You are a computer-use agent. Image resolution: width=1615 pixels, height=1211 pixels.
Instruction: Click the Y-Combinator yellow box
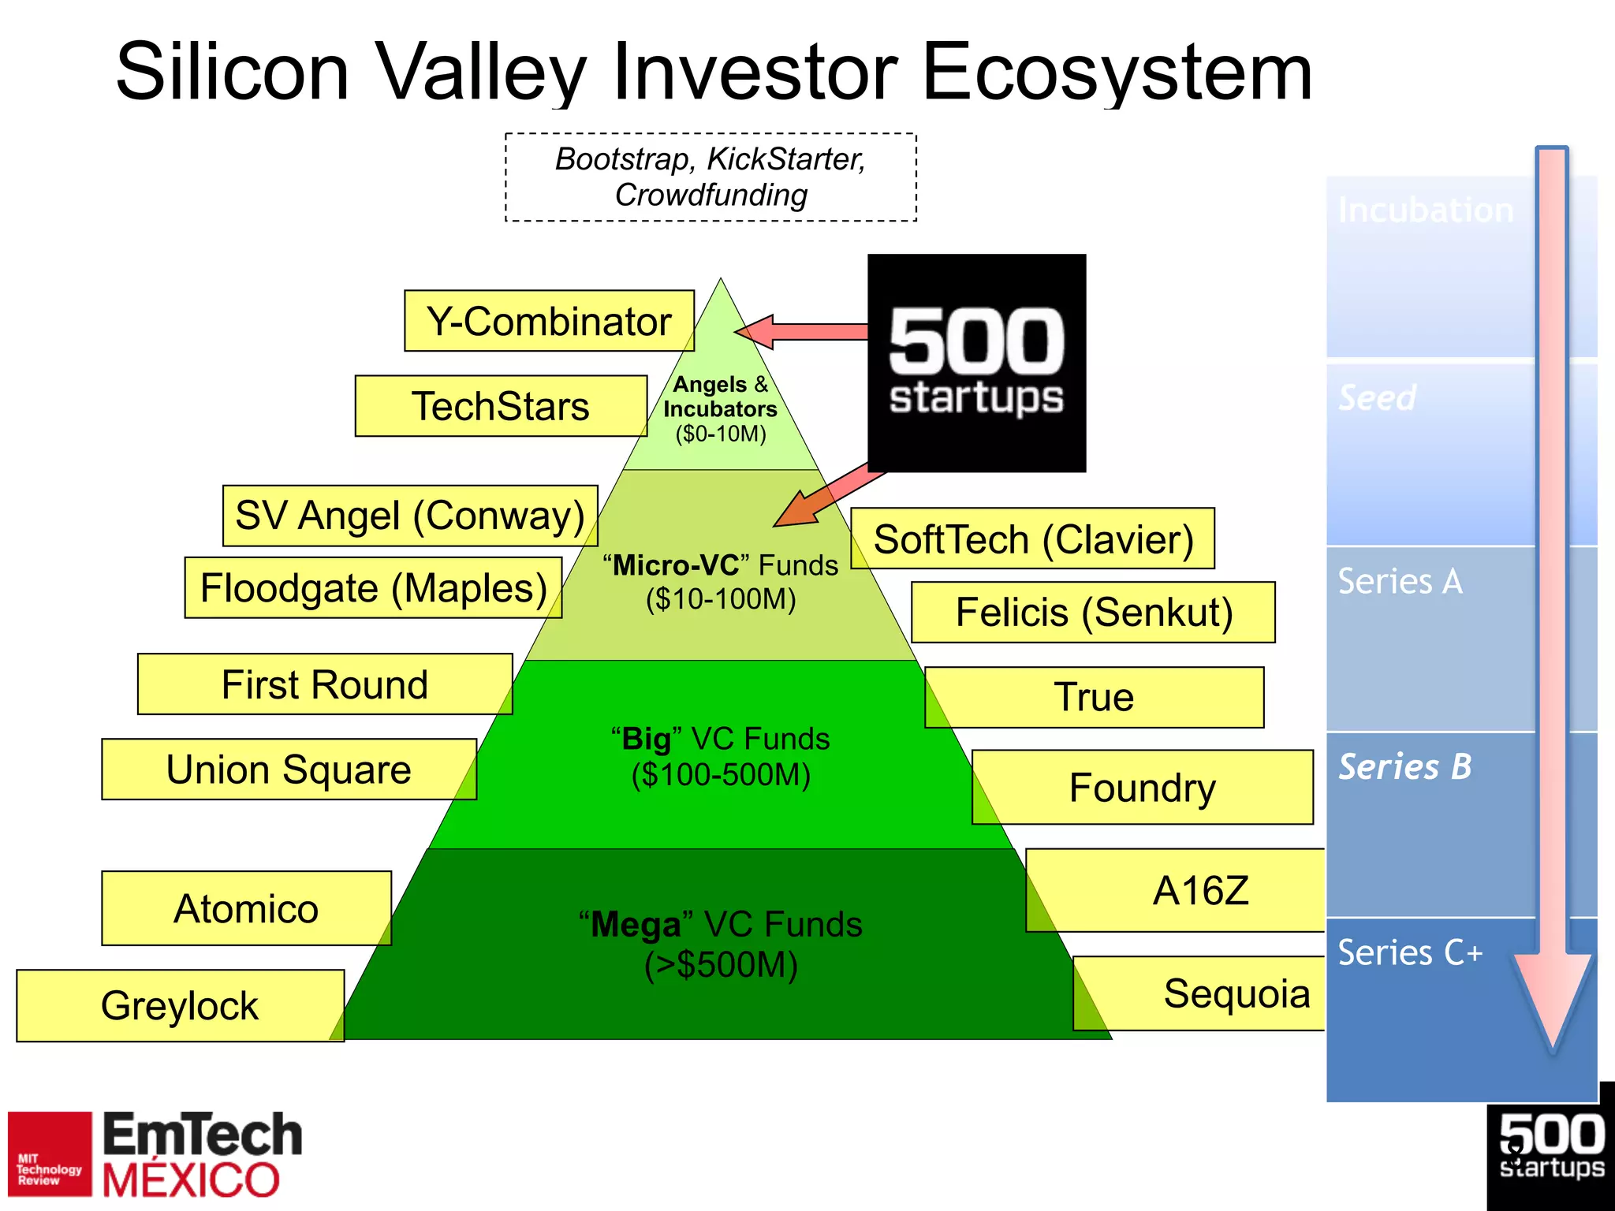[549, 321]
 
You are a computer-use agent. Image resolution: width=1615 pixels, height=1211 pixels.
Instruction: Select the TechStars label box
[501, 406]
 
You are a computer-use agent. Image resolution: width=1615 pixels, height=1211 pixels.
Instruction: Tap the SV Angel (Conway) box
[410, 516]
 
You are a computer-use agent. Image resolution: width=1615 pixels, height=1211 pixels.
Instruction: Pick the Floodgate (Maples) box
[373, 588]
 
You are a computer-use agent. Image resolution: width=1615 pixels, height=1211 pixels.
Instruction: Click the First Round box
[325, 684]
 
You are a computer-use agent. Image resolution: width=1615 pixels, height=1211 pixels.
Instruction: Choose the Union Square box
[289, 769]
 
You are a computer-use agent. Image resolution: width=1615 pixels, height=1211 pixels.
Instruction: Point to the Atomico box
[246, 908]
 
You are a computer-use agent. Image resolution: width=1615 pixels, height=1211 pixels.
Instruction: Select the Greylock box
[180, 1006]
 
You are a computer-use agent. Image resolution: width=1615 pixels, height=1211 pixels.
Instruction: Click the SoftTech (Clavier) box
[1033, 539]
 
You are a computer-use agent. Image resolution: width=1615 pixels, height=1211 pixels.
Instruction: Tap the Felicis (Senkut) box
[1094, 613]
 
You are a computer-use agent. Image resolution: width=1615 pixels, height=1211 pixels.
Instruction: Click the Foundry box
[1143, 788]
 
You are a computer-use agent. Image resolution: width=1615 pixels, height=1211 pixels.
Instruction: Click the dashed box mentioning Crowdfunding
[711, 177]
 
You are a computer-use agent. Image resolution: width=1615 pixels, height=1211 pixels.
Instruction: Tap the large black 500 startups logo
[976, 363]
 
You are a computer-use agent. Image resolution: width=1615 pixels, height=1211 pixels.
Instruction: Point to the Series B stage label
[1404, 767]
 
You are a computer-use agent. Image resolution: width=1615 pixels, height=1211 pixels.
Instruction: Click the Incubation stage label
[1425, 211]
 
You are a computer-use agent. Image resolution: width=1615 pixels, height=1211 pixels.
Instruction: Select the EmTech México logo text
[202, 1155]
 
